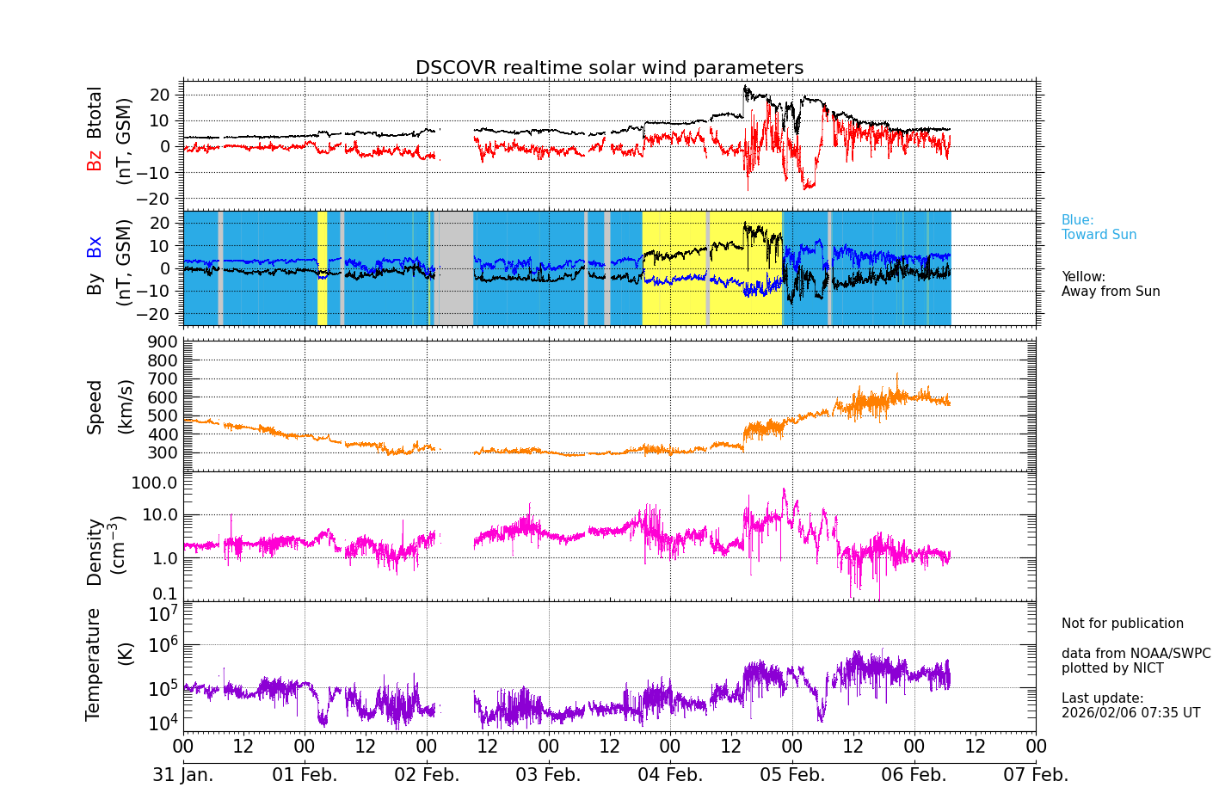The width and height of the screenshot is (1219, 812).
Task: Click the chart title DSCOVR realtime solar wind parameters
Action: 609,68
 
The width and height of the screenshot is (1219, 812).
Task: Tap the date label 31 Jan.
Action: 183,775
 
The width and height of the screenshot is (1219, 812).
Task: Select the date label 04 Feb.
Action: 670,775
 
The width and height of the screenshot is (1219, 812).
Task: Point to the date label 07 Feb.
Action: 1036,775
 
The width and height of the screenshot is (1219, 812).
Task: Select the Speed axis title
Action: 95,407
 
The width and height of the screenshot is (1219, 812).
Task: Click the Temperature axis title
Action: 94,664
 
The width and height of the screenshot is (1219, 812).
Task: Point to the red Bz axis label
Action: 94,160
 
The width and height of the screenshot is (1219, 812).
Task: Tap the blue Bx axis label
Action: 94,246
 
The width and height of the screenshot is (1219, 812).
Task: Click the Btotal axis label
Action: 94,112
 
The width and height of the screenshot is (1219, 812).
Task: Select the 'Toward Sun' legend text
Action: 1099,235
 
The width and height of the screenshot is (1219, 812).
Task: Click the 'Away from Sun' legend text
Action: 1111,292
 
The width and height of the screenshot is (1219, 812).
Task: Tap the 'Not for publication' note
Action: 1122,624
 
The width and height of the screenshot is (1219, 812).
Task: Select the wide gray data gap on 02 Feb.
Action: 453,268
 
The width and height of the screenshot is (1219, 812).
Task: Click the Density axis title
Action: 94,551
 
